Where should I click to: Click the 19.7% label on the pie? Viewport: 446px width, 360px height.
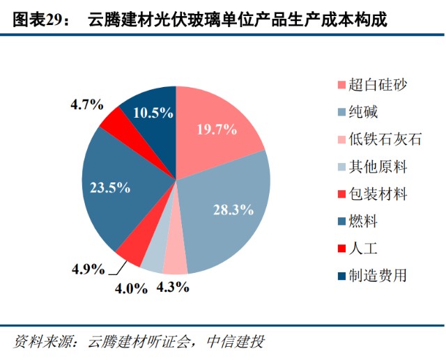(217, 129)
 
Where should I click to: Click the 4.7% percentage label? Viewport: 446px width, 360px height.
(87, 105)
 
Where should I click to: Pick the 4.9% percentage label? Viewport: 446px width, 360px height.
(88, 269)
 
